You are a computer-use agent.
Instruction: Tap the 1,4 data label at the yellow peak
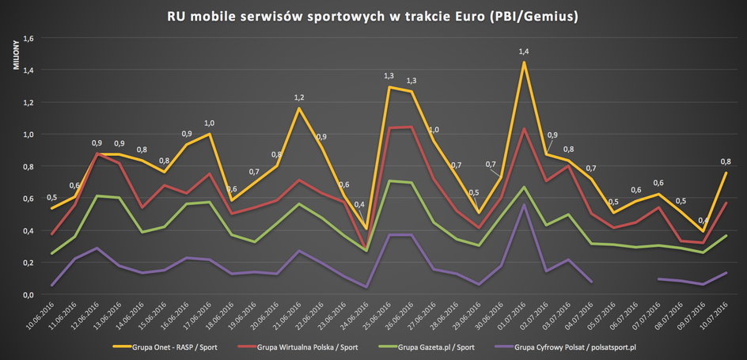click(x=523, y=51)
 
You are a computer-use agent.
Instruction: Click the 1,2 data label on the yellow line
click(x=298, y=97)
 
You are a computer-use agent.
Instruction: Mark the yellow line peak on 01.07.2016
click(x=524, y=63)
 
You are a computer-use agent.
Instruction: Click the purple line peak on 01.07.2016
click(x=524, y=205)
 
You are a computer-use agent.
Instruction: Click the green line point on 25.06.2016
click(x=389, y=181)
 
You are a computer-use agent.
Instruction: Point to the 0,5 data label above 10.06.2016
click(x=51, y=198)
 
